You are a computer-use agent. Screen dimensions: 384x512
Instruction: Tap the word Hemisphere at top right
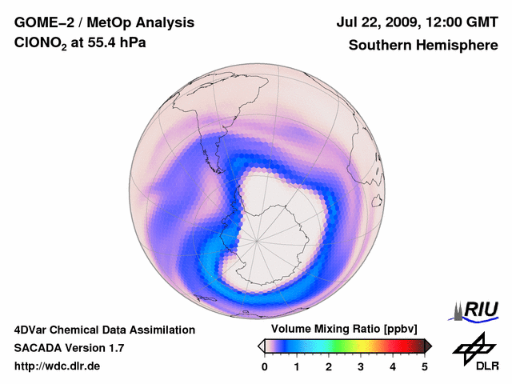click(460, 46)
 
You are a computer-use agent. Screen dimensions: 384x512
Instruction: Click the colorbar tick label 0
click(265, 366)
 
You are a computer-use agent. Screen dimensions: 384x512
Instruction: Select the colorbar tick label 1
click(297, 366)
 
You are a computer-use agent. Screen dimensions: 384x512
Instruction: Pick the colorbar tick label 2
click(329, 366)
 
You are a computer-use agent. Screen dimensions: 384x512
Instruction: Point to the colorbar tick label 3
click(361, 366)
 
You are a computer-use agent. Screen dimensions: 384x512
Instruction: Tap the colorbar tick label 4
click(393, 366)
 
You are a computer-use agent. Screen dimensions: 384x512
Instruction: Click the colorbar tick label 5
click(425, 366)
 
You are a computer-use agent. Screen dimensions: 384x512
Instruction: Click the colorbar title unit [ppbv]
click(398, 330)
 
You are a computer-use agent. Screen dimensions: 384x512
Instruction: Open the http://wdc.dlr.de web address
click(58, 367)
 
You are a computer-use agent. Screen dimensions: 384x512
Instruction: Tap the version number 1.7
click(114, 348)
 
